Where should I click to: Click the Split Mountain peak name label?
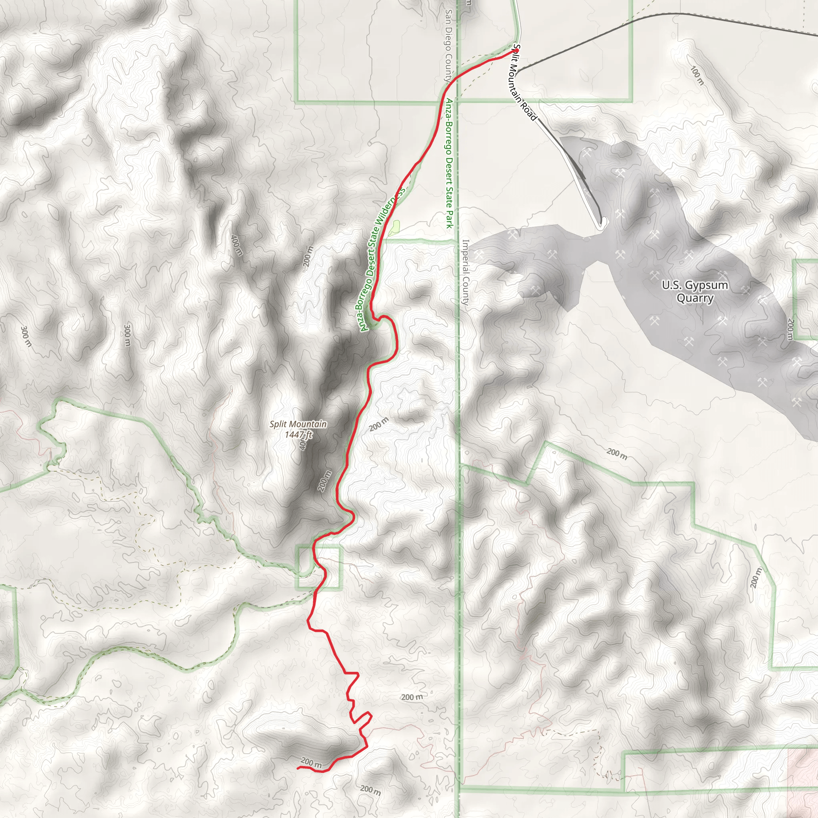click(x=298, y=424)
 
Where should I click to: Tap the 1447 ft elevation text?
click(x=298, y=435)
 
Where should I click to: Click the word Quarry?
click(x=695, y=298)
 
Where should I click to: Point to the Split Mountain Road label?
click(x=524, y=83)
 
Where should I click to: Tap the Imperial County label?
click(x=465, y=272)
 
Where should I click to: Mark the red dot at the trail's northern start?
click(x=516, y=50)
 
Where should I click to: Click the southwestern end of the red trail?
click(x=298, y=768)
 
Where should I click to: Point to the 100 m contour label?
click(x=697, y=75)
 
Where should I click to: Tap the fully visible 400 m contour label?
click(x=237, y=245)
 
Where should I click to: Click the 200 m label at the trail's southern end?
click(x=311, y=762)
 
